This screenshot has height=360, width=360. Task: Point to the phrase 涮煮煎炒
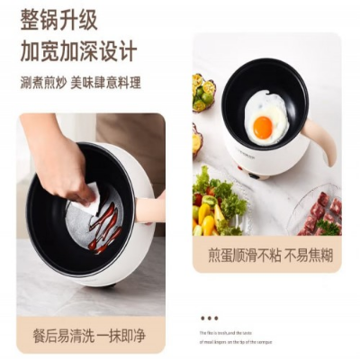click(x=42, y=83)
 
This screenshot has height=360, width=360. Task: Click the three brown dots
click(x=209, y=317)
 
